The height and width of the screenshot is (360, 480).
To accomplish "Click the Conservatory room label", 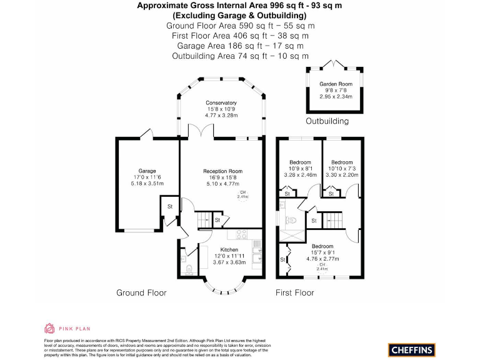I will [221, 102].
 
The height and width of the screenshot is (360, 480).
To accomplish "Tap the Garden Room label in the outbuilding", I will [336, 84].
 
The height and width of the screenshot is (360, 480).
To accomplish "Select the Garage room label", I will [147, 171].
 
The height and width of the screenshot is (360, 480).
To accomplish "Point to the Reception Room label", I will [222, 171].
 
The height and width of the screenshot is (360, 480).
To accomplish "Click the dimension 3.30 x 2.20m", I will [342, 176].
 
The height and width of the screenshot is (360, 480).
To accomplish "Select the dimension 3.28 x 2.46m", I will [299, 176].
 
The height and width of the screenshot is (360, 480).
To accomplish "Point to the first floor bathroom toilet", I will [289, 219].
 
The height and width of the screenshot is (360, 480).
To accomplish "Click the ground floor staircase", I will [204, 221].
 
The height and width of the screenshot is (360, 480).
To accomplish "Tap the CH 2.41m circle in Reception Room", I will [242, 196].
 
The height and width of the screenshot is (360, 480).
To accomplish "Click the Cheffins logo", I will [411, 350].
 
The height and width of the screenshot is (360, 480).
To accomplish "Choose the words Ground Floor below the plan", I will [141, 292].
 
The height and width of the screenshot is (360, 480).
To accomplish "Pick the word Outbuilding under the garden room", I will [327, 121].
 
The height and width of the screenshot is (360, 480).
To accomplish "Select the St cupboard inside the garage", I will [169, 207].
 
